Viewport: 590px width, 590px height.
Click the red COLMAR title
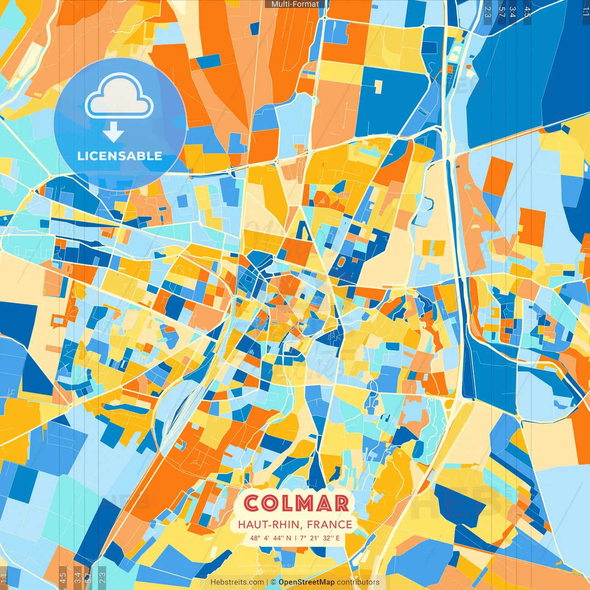click(296, 503)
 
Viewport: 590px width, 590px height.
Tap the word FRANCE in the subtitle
click(330, 525)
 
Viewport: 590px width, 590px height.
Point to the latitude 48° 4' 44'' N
click(271, 538)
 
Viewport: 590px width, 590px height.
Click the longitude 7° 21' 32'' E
click(320, 538)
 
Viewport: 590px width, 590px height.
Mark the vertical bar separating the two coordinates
click(295, 538)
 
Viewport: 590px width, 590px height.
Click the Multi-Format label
click(295, 4)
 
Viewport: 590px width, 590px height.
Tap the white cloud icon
click(119, 97)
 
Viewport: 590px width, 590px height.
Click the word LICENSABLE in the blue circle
click(120, 156)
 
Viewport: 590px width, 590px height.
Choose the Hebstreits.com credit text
click(237, 582)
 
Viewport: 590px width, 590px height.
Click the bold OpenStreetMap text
click(307, 582)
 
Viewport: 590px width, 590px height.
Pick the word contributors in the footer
click(358, 582)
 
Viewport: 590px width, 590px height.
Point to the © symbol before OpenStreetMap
click(273, 582)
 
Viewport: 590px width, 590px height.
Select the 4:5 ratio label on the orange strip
click(63, 578)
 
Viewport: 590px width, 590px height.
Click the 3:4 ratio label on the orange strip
click(77, 578)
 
